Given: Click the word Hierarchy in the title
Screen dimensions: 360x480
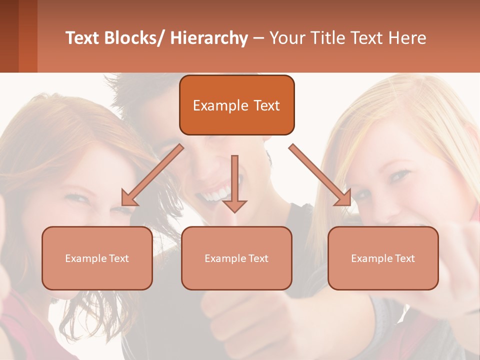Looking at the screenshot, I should click(208, 38).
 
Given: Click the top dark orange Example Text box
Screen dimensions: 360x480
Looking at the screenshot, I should click(236, 105).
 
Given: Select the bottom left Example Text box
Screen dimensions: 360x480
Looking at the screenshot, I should click(97, 258).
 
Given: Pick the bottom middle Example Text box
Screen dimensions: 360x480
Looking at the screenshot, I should click(236, 258).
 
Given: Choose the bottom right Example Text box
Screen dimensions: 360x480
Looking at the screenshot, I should click(383, 258).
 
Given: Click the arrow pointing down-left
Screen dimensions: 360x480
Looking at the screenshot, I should click(152, 175).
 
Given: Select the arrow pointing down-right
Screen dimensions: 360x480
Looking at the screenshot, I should click(320, 175).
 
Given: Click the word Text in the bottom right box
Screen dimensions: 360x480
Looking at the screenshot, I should click(405, 258).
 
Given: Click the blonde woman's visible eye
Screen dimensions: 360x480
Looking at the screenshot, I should click(400, 175).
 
